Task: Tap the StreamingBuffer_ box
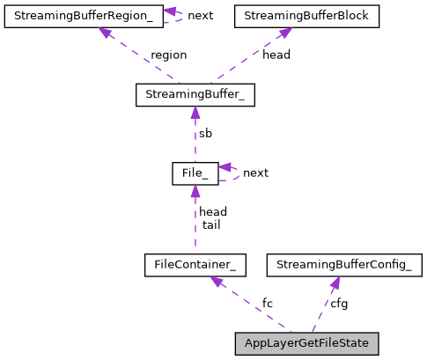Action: point(195,95)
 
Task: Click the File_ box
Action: point(195,173)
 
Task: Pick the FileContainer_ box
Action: point(195,264)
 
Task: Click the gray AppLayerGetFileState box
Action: point(306,343)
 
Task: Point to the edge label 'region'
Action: point(168,55)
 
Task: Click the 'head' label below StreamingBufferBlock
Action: point(276,55)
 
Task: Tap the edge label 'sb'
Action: point(205,134)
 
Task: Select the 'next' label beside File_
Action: point(255,173)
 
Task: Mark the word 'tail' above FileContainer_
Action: point(211,224)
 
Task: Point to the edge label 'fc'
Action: point(268,304)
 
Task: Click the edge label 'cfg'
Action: point(339,304)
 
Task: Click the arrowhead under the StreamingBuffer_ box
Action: point(195,114)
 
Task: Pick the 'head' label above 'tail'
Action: point(213,212)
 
